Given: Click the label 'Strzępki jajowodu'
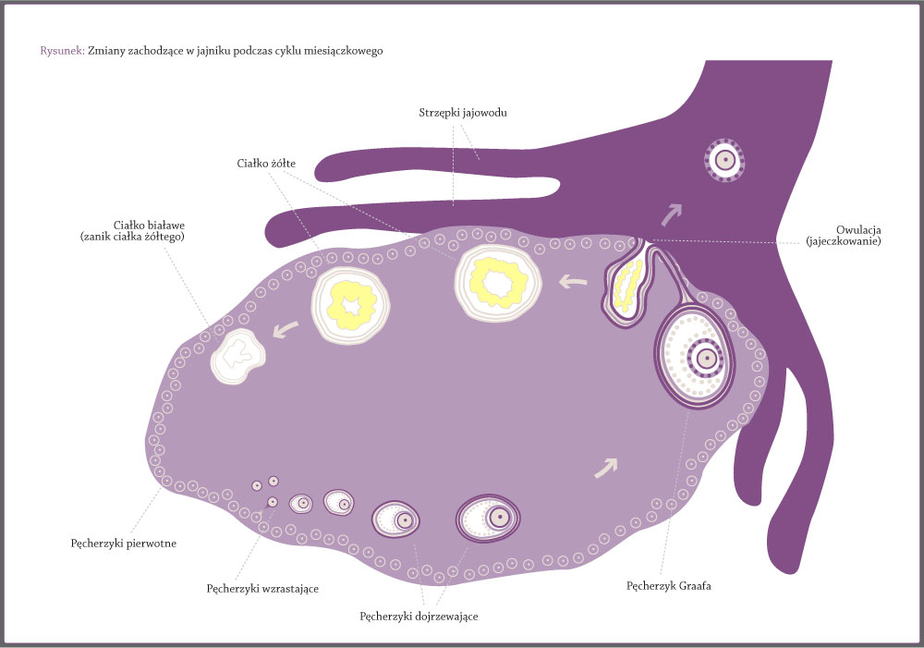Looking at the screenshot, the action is (463, 113).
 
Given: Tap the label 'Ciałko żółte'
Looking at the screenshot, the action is (266, 164).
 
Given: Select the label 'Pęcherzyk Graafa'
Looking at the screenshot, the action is (668, 586).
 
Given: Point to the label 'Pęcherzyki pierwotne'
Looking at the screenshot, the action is (123, 544).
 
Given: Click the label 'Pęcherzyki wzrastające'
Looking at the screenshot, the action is (262, 589).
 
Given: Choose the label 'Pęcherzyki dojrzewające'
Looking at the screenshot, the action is (419, 617).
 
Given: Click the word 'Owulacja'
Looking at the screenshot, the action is (858, 230).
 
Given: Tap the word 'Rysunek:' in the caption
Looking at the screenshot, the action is (63, 51).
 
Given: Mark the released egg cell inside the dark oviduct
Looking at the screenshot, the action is (724, 160).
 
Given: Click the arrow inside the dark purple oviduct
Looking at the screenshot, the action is (671, 214).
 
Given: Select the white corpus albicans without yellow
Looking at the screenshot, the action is (237, 356).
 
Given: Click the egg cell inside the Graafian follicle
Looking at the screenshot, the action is (705, 358).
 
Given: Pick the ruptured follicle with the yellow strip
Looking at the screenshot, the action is (627, 282).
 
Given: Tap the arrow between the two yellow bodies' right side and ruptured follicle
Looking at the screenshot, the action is (572, 282).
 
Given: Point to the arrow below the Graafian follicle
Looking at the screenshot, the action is (606, 468).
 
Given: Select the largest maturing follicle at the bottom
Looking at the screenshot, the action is (488, 519).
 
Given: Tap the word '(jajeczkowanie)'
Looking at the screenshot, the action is (844, 241).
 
